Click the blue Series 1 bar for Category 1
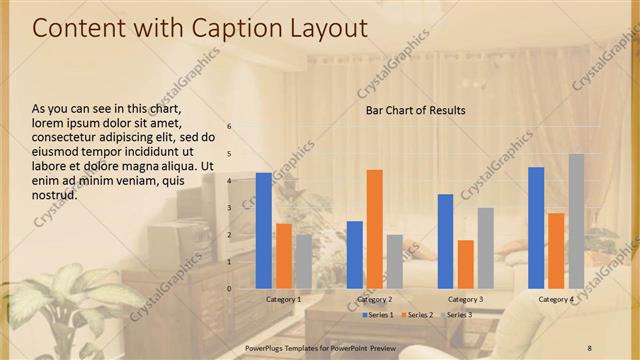tap(264, 230)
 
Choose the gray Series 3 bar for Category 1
tap(303, 261)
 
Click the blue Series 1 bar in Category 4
tap(537, 227)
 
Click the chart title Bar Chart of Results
tap(415, 110)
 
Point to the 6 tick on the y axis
tap(229, 127)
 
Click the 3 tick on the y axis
tap(229, 208)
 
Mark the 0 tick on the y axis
tap(229, 289)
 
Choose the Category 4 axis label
tap(556, 300)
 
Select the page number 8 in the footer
tap(590, 347)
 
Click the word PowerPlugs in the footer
tap(266, 347)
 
